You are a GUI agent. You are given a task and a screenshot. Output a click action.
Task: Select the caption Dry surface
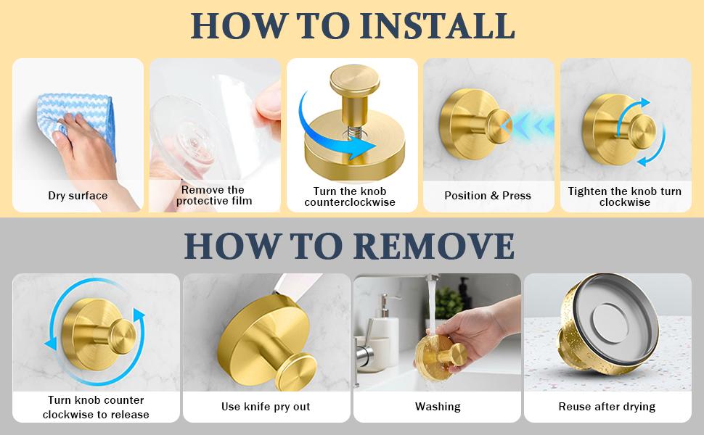click(x=78, y=196)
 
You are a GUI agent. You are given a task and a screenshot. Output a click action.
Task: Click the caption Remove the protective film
click(x=214, y=196)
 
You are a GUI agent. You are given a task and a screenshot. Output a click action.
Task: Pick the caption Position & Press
click(x=488, y=196)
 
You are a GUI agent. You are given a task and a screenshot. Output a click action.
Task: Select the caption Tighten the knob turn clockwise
click(x=625, y=196)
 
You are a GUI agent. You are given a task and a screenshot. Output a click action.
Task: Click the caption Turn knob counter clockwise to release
click(x=96, y=407)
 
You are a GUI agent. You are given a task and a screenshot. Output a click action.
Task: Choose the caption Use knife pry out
click(x=266, y=407)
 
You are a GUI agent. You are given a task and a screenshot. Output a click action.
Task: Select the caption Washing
click(x=438, y=407)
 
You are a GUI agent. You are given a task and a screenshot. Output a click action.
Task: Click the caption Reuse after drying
click(x=607, y=407)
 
